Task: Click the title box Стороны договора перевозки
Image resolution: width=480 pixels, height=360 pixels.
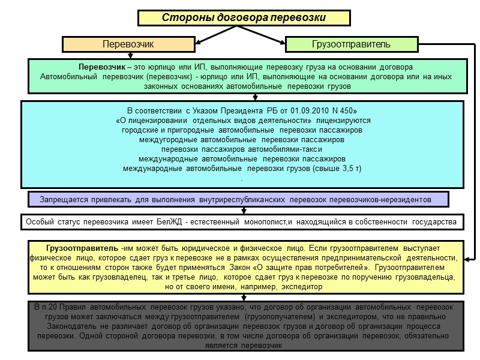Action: click(244, 18)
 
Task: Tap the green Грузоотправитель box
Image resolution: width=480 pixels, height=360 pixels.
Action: click(350, 44)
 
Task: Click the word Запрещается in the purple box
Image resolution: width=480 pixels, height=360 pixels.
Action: click(64, 199)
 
